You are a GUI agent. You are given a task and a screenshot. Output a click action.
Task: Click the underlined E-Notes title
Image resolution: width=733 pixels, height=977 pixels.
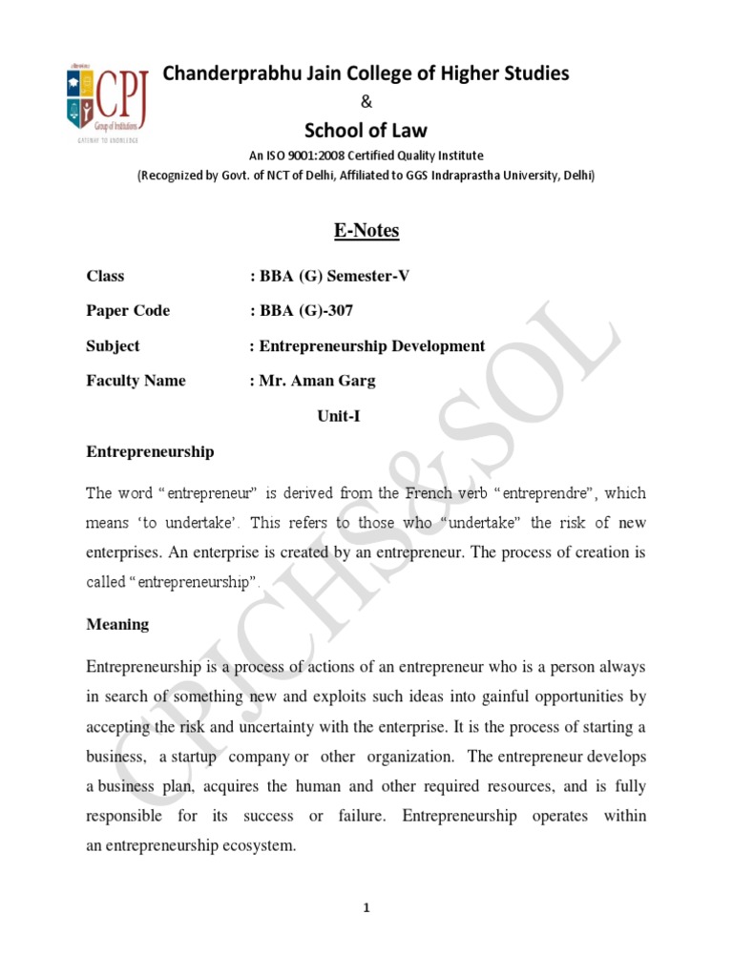coord(366,230)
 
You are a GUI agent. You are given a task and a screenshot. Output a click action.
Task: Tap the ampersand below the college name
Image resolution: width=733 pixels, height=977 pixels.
coord(366,103)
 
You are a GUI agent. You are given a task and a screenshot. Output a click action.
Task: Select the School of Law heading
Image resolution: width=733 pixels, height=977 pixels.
coord(366,130)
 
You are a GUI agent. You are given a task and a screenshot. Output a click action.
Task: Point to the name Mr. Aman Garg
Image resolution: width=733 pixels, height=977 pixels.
coord(317,381)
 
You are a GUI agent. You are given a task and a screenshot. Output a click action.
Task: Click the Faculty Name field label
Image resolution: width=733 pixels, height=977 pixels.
coord(136,381)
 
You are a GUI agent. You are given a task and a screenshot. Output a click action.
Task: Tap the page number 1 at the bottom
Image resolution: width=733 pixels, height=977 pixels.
coord(366,909)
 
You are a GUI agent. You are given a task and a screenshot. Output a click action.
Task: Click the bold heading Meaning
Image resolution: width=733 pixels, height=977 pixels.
coord(117,624)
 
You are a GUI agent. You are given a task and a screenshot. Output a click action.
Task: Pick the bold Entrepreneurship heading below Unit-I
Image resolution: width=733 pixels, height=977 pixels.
coord(150,451)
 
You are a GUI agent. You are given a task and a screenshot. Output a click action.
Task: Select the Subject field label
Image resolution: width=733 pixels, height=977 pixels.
coord(113,345)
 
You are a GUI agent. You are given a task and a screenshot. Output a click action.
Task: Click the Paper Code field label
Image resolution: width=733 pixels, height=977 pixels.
coord(128,310)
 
